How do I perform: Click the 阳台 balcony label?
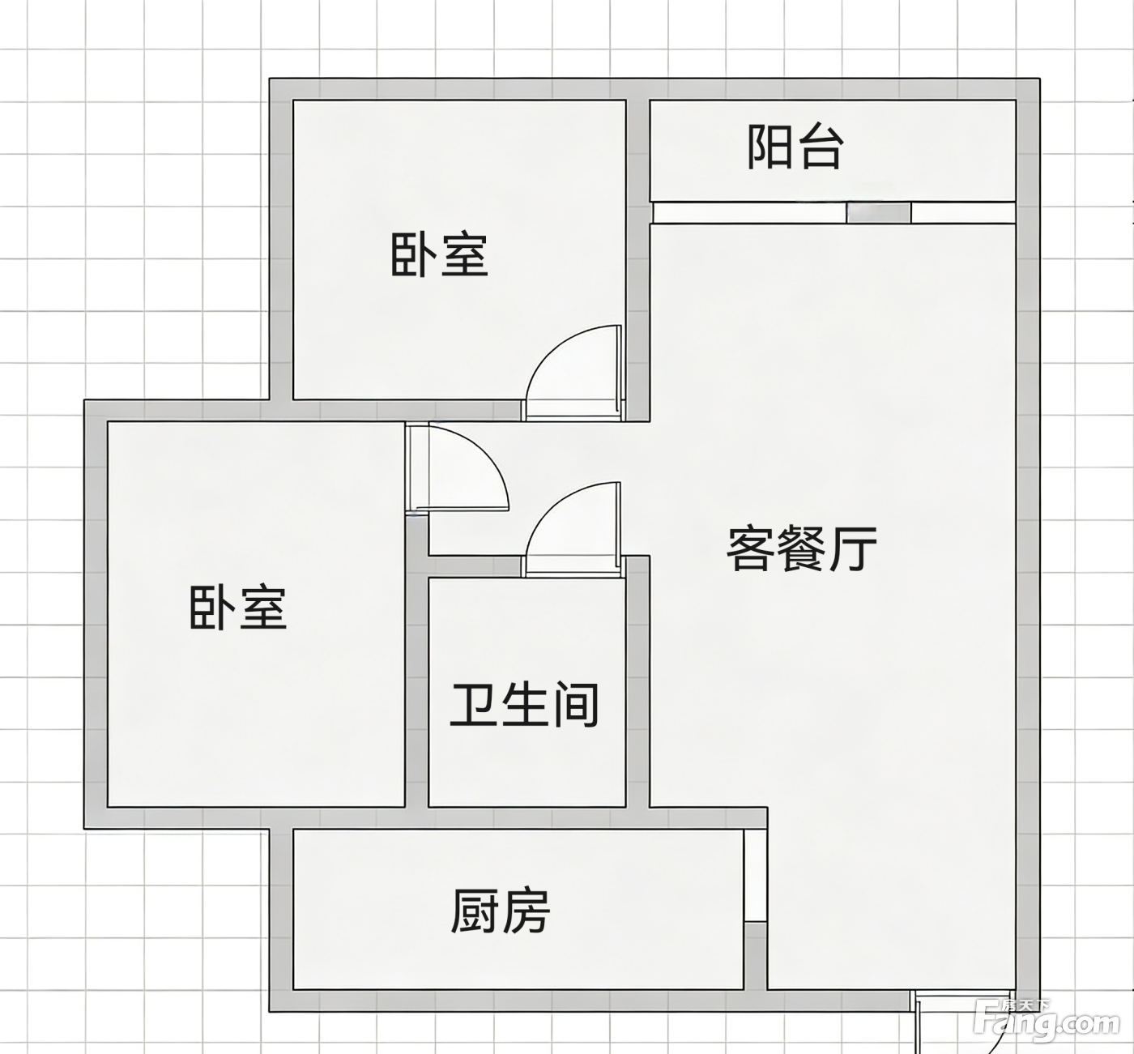(795, 148)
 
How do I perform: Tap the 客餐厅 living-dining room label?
(801, 548)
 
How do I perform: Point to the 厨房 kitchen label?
(501, 911)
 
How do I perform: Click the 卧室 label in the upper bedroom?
(439, 255)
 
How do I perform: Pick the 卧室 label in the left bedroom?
(237, 608)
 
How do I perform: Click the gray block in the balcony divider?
(878, 213)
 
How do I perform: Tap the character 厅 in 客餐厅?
(855, 548)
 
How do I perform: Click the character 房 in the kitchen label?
(526, 911)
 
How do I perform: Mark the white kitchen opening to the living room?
(755, 875)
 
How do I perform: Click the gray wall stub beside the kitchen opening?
(755, 956)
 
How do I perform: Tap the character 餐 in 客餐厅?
(802, 548)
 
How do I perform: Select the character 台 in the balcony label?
(820, 148)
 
